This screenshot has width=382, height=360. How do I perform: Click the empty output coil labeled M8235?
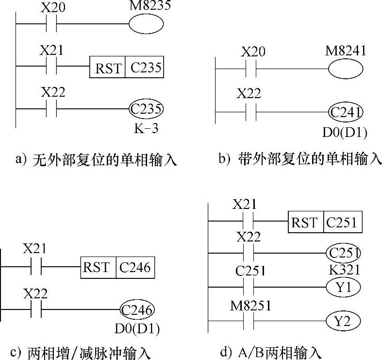[x=146, y=24]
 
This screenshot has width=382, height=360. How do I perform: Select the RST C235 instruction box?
[x=126, y=68]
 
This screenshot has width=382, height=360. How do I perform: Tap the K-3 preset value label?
[x=146, y=130]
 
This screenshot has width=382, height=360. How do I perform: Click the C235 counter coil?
[x=146, y=109]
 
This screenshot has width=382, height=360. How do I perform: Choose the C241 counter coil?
[x=346, y=113]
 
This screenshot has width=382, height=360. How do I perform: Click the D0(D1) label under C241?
[x=346, y=132]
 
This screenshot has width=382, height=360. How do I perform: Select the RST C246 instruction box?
[x=118, y=267]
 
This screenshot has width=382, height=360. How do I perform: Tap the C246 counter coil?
[x=137, y=309]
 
